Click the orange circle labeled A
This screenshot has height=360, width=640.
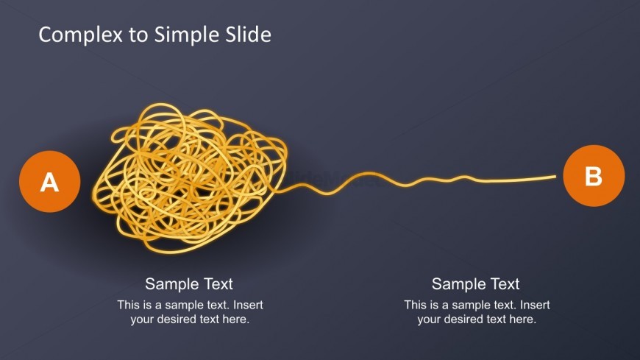click(x=49, y=182)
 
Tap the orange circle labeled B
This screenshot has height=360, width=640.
click(x=594, y=177)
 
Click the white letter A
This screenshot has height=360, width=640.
click(x=49, y=182)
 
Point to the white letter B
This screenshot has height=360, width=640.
click(x=594, y=177)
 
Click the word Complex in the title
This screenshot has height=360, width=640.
click(x=81, y=35)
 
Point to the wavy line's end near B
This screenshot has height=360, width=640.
click(x=553, y=177)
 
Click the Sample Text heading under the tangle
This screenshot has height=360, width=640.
click(x=189, y=284)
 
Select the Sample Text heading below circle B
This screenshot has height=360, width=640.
click(x=475, y=284)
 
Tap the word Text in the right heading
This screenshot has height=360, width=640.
click(x=504, y=284)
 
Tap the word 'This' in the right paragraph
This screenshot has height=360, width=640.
click(x=416, y=305)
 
